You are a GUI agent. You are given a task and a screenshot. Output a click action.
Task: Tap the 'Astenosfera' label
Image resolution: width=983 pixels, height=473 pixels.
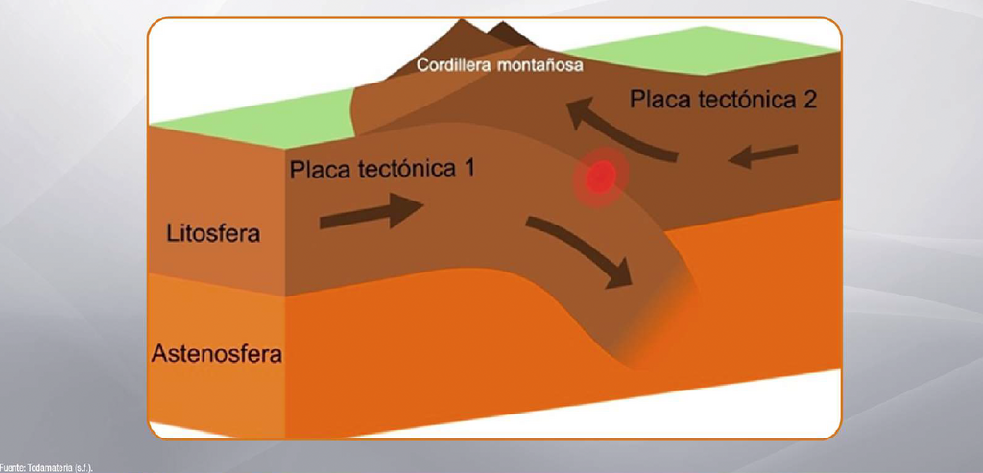(x=217, y=355)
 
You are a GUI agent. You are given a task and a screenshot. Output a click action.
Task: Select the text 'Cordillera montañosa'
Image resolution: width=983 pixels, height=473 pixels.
(x=500, y=65)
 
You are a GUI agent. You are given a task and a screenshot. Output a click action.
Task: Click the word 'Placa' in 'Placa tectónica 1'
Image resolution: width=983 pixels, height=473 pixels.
(x=321, y=169)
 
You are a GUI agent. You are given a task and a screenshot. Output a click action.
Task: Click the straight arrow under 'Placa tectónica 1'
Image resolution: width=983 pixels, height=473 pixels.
(x=372, y=212)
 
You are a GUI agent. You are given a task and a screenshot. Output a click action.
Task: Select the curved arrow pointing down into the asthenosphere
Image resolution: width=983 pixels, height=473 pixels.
(x=580, y=250)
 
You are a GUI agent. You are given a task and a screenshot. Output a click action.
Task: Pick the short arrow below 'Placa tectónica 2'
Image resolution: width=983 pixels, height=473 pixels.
(x=763, y=155)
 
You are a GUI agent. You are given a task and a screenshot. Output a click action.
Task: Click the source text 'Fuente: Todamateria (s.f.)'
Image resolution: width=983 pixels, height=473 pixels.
(x=47, y=467)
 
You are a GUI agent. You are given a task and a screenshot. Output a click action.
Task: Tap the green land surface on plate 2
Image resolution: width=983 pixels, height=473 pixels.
(x=702, y=49)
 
